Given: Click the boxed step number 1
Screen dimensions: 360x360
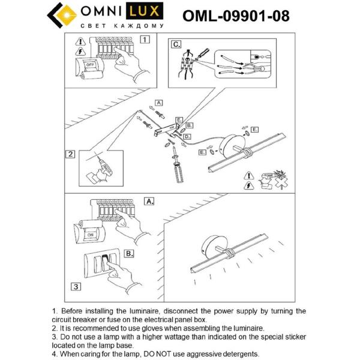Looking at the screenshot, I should click(x=144, y=40).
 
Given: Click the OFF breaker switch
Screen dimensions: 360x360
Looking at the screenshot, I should click(x=89, y=64).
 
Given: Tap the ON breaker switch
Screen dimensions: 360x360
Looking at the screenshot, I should click(x=88, y=236).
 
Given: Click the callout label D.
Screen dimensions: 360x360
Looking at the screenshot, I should click(x=187, y=137).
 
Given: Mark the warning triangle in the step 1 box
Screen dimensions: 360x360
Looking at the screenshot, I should click(x=80, y=42).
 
